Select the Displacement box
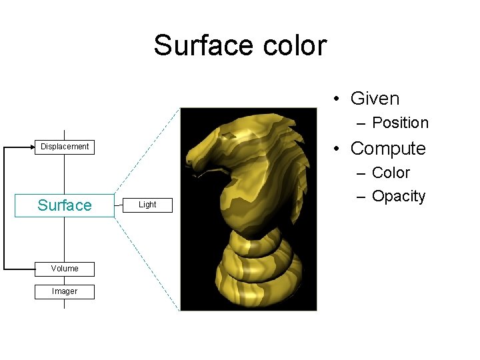click(x=65, y=147)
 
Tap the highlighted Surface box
click(x=65, y=205)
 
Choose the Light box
click(x=147, y=205)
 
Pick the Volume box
click(x=65, y=269)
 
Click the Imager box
click(x=65, y=291)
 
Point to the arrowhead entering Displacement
click(x=31, y=147)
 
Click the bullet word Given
click(x=375, y=99)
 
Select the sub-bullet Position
click(x=400, y=123)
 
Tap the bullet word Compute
click(x=387, y=148)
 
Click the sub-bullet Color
click(x=391, y=173)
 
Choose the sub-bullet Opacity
click(x=398, y=196)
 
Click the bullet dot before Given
click(x=338, y=99)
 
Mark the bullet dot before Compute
click(x=338, y=149)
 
